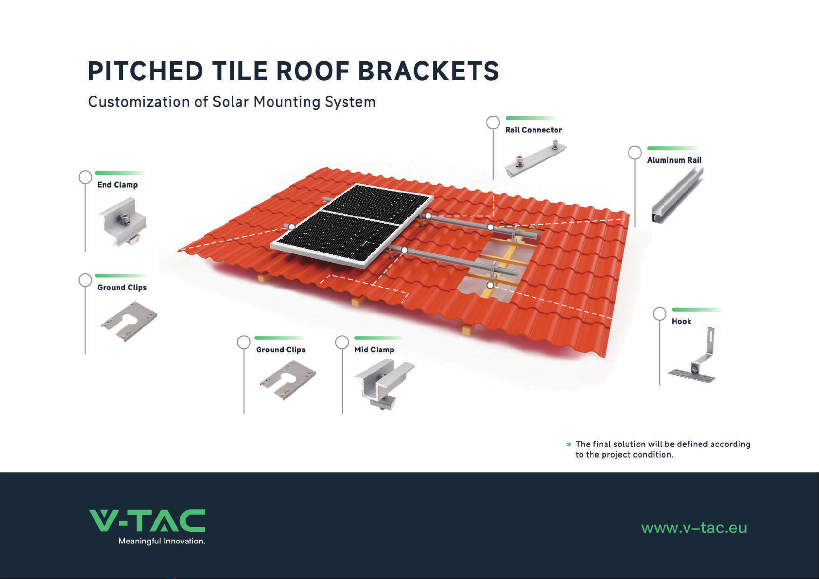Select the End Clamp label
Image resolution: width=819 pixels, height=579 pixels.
pyautogui.click(x=117, y=185)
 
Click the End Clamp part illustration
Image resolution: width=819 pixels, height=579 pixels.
pyautogui.click(x=123, y=221)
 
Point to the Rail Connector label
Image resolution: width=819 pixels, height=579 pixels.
pyautogui.click(x=534, y=130)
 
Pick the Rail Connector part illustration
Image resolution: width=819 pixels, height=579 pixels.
pyautogui.click(x=536, y=159)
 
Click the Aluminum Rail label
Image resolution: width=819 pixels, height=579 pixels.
pyautogui.click(x=674, y=160)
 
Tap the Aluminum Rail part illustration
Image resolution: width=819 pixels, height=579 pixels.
pyautogui.click(x=677, y=196)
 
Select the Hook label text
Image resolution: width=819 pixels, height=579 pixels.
pyautogui.click(x=681, y=321)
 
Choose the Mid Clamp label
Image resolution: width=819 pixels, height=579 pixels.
pyautogui.click(x=374, y=350)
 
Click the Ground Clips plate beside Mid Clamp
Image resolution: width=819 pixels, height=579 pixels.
pyautogui.click(x=288, y=380)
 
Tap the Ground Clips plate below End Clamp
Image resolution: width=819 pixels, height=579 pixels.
pyautogui.click(x=129, y=321)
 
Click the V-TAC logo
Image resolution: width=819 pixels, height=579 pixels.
pyautogui.click(x=147, y=520)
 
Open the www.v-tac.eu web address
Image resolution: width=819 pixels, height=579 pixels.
pyautogui.click(x=694, y=528)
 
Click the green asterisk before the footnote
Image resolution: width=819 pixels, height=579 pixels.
pyautogui.click(x=569, y=444)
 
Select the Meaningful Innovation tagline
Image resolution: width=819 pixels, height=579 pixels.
pyautogui.click(x=161, y=541)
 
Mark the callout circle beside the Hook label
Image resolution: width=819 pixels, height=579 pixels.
pyautogui.click(x=660, y=314)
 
